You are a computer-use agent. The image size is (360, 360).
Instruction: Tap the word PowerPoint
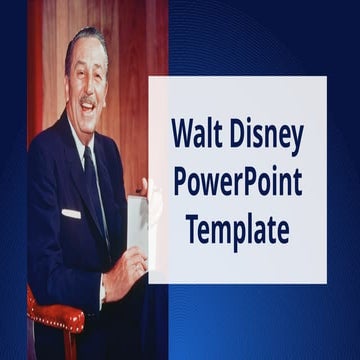click(238, 183)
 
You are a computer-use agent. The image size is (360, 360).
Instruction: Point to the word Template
click(238, 231)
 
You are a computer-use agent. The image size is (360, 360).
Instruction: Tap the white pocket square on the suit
click(71, 213)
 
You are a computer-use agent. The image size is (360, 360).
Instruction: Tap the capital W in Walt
click(183, 133)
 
